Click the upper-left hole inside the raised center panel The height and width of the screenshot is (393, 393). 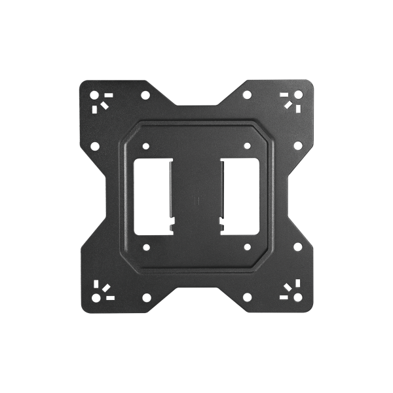145,145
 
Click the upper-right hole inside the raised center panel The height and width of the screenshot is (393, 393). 248,145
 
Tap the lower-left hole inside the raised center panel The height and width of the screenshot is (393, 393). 145,248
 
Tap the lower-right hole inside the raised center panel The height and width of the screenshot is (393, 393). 248,248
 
